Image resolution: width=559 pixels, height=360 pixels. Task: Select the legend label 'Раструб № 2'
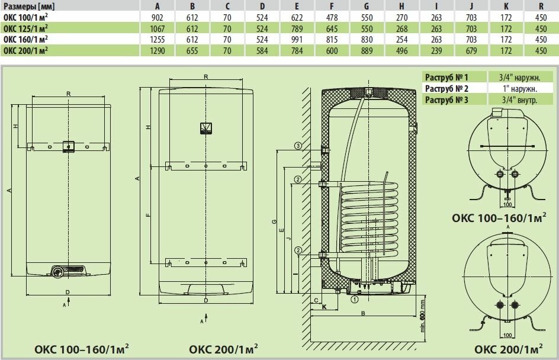click(x=446, y=88)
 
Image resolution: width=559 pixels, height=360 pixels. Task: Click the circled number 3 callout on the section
click(x=298, y=146)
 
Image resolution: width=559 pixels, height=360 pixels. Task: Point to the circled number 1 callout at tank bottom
click(x=354, y=300)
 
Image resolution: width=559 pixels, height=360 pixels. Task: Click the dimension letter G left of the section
click(x=273, y=221)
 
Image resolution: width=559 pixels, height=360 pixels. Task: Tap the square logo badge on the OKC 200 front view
click(x=205, y=128)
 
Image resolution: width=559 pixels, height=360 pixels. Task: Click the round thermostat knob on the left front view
click(x=57, y=272)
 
